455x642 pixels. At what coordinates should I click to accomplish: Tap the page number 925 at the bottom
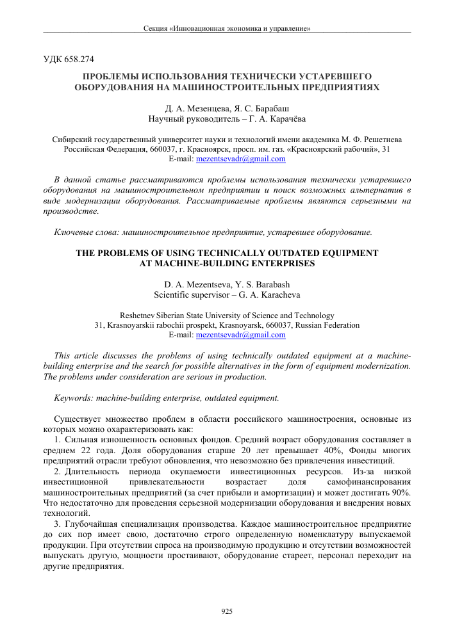[x=227, y=612]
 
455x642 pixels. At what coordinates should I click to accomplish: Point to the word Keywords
[x=74, y=397]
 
